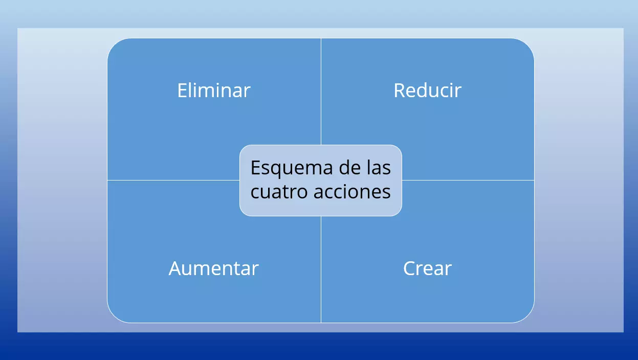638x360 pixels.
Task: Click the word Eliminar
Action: [x=214, y=91]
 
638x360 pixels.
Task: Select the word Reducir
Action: [x=427, y=91]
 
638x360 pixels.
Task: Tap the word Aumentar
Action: [x=213, y=268]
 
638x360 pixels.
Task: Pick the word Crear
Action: [x=427, y=268]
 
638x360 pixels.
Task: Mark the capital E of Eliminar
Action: [x=182, y=91]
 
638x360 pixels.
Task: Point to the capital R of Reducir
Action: [x=399, y=91]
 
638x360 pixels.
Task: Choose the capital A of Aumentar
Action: [x=175, y=268]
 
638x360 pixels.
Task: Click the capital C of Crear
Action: [x=409, y=268]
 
